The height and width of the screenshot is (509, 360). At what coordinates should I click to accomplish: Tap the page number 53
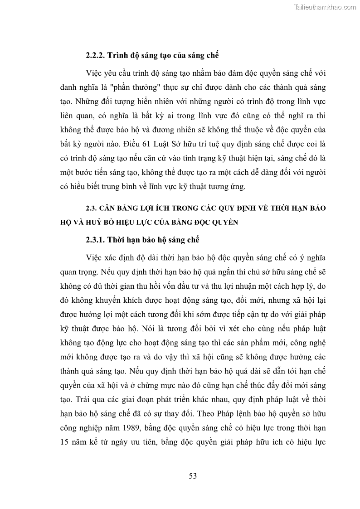pos(192,475)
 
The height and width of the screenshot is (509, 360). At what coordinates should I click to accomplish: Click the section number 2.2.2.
pos(95,56)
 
